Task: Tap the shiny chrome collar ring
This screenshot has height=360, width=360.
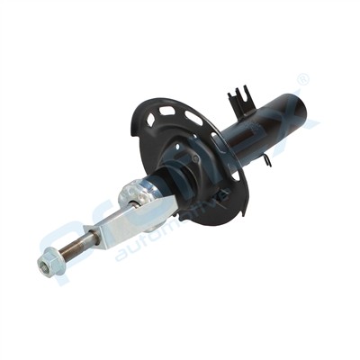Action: coord(142,192)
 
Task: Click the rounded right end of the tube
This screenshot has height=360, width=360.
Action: coord(310,112)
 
